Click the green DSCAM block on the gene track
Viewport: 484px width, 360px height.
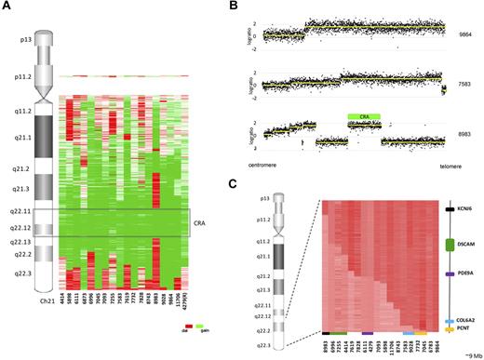click(x=450, y=246)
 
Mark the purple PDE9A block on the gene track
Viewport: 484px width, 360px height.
click(x=450, y=275)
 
